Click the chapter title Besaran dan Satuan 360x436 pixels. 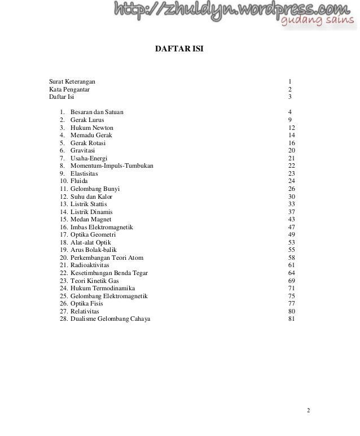(x=97, y=112)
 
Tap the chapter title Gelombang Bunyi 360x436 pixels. (x=95, y=188)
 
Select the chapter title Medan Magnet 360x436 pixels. (x=91, y=219)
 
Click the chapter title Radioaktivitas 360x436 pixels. (x=90, y=265)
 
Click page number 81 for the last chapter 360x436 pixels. (x=291, y=319)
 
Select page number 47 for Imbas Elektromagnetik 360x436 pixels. (x=291, y=226)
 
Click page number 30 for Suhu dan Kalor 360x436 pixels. (x=291, y=196)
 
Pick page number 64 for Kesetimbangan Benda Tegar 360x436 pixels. (x=291, y=273)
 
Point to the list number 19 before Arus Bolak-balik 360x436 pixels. (x=63, y=250)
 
